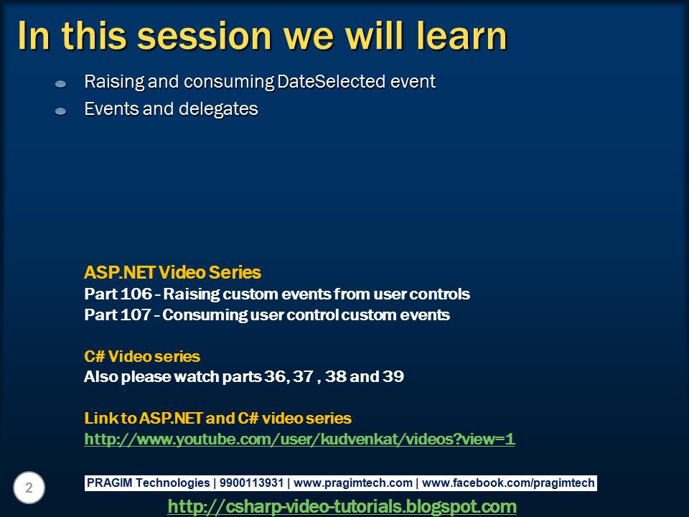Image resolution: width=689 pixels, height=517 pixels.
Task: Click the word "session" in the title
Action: click(x=205, y=36)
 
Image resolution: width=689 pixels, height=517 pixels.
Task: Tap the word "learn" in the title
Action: click(x=461, y=35)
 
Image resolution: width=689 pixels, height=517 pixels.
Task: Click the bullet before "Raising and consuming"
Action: click(x=60, y=83)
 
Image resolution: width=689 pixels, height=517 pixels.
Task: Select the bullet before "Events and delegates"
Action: click(x=60, y=111)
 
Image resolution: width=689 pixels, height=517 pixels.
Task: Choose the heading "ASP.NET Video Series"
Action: click(x=172, y=273)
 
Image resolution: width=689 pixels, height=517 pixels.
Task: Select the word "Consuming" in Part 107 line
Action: click(x=205, y=315)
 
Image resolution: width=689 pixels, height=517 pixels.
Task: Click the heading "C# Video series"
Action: click(x=142, y=357)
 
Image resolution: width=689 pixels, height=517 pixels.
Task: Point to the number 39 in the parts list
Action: click(x=393, y=376)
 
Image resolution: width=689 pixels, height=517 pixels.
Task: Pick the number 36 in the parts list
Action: click(x=275, y=376)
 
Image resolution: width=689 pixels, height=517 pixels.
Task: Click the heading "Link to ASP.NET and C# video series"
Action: click(x=217, y=418)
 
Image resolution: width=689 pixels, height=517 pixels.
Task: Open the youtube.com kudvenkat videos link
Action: click(x=299, y=439)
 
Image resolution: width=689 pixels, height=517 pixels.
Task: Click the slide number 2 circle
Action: click(x=29, y=488)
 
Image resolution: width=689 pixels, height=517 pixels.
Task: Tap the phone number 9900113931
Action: click(x=251, y=483)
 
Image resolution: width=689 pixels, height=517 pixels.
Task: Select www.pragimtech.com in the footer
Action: click(x=353, y=483)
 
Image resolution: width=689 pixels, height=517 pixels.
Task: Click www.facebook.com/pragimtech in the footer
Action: click(x=508, y=483)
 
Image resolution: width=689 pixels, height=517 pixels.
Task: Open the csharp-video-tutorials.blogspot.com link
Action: click(x=342, y=506)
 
